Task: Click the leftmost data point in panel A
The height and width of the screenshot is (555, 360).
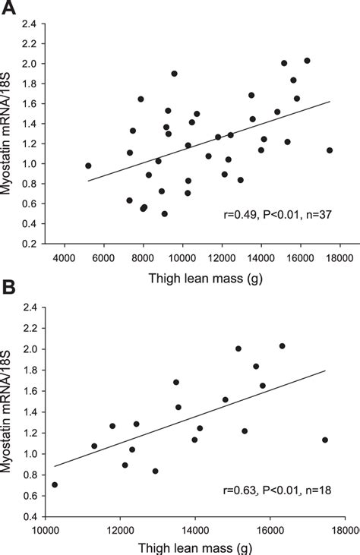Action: coord(88,166)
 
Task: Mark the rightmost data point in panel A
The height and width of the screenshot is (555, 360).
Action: coord(330,150)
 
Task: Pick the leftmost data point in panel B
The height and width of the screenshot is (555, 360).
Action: coord(54,484)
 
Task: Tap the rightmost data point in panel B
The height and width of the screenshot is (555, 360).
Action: coord(325,440)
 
